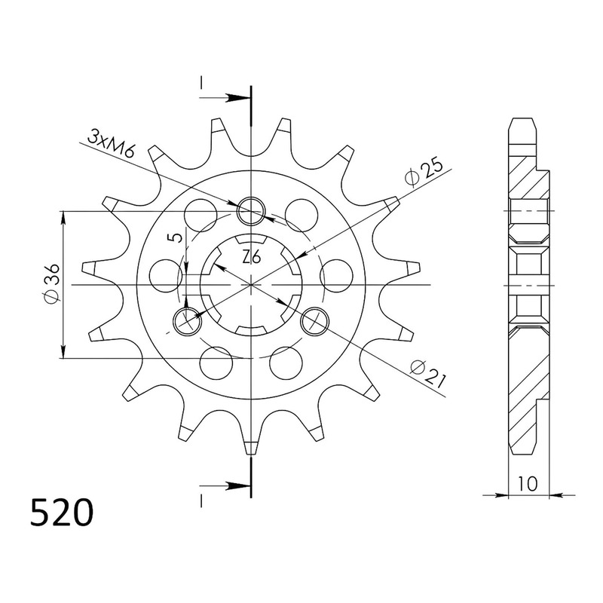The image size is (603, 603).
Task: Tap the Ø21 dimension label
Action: click(427, 373)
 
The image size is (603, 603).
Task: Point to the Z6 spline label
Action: click(252, 257)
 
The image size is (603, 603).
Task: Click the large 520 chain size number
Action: click(62, 513)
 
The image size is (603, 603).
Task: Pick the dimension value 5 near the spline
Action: click(177, 237)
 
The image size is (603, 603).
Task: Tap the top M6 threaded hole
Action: click(251, 211)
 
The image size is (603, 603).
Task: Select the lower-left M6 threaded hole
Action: click(188, 321)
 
